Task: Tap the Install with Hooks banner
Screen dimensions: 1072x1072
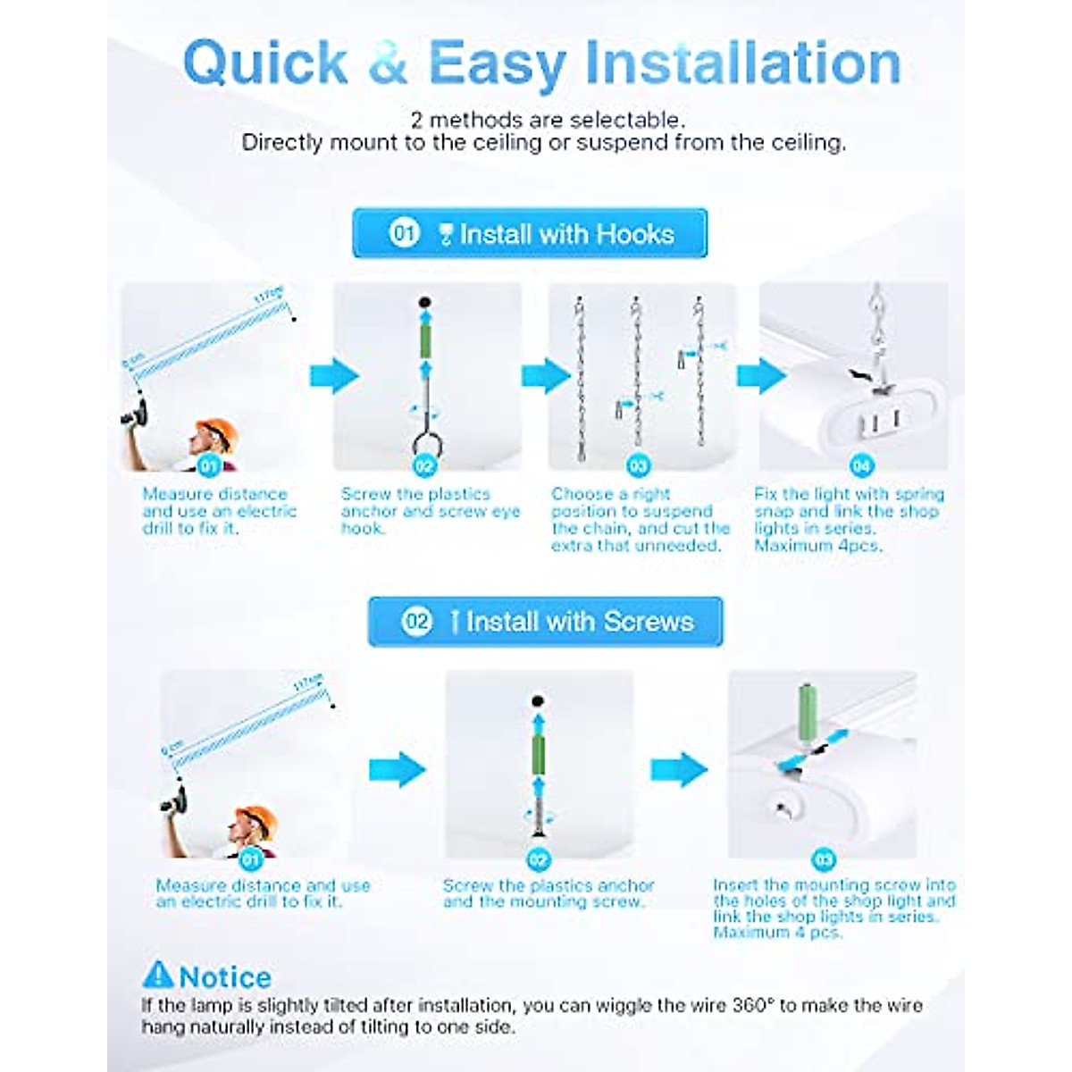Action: point(530,234)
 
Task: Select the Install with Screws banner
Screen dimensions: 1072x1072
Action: point(545,622)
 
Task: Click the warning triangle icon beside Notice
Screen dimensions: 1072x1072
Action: point(158,975)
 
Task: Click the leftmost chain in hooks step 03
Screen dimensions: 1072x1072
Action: point(581,375)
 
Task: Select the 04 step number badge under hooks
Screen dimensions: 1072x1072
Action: point(860,465)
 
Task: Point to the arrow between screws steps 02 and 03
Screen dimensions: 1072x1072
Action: point(678,769)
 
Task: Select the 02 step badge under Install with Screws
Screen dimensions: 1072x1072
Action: point(538,859)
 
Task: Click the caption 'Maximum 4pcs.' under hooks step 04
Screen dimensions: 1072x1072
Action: point(817,546)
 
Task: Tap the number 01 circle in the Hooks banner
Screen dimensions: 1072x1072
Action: point(404,234)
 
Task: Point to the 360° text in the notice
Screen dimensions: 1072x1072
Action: point(750,1006)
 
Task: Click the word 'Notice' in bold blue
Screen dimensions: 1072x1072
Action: point(225,976)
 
